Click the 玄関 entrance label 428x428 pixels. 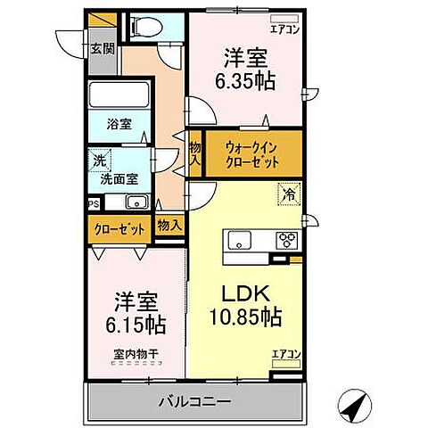(x=101, y=49)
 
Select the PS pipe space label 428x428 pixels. (x=93, y=203)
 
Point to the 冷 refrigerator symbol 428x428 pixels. (x=291, y=190)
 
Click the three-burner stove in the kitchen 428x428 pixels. (x=289, y=239)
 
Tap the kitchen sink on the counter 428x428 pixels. (x=242, y=240)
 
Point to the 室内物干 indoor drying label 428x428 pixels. (x=135, y=354)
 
